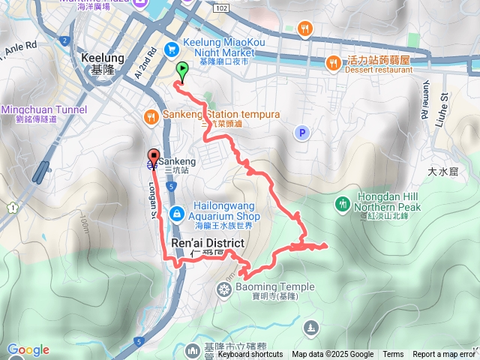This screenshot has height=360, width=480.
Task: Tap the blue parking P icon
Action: pyautogui.click(x=301, y=133)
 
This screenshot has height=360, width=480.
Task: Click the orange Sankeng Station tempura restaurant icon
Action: pyautogui.click(x=150, y=115)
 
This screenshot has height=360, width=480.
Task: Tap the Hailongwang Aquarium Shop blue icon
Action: pyautogui.click(x=175, y=214)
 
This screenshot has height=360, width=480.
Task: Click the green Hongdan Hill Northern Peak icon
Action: pyautogui.click(x=343, y=203)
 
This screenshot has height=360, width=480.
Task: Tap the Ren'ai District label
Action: pyautogui.click(x=208, y=244)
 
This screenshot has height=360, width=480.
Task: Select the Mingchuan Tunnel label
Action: pyautogui.click(x=43, y=109)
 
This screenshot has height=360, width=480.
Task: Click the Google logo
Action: pyautogui.click(x=28, y=350)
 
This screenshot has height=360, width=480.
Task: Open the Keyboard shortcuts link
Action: pyautogui.click(x=250, y=355)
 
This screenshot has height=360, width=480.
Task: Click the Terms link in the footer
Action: pyautogui.click(x=393, y=355)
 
